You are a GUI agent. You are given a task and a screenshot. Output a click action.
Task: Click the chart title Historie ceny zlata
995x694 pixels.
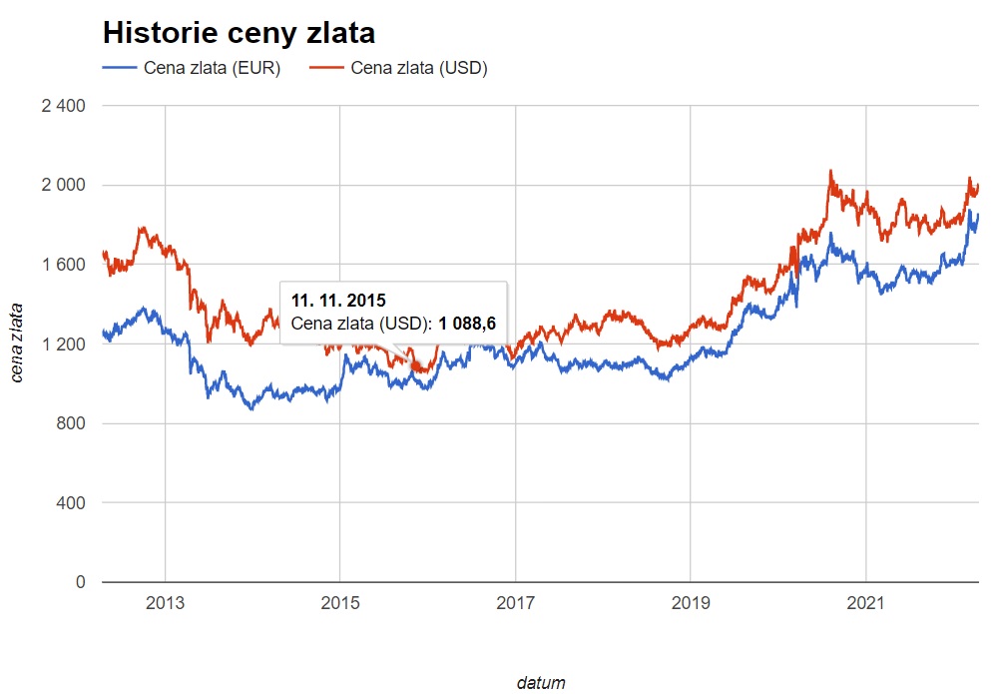pyautogui.click(x=239, y=33)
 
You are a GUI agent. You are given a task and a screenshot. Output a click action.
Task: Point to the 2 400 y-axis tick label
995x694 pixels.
pyautogui.click(x=63, y=106)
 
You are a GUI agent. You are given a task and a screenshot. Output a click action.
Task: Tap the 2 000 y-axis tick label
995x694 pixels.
pyautogui.click(x=63, y=186)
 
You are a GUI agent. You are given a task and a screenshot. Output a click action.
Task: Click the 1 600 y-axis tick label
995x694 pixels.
pyautogui.click(x=63, y=265)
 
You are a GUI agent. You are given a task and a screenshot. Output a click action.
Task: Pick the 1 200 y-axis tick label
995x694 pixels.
pyautogui.click(x=63, y=345)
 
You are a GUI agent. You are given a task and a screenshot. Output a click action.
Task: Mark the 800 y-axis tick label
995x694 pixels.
pyautogui.click(x=71, y=423)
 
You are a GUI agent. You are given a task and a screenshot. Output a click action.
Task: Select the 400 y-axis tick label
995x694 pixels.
pyautogui.click(x=71, y=503)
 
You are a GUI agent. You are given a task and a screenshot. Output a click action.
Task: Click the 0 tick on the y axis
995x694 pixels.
pyautogui.click(x=81, y=582)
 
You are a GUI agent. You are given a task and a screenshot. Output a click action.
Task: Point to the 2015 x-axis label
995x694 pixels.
pyautogui.click(x=339, y=603)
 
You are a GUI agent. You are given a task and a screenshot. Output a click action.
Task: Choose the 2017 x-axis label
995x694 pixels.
pyautogui.click(x=515, y=603)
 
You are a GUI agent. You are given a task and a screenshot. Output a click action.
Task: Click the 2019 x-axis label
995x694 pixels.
pyautogui.click(x=691, y=603)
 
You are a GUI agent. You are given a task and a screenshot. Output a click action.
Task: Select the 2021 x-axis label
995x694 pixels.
pyautogui.click(x=865, y=603)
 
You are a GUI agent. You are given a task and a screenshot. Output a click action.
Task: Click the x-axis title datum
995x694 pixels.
pyautogui.click(x=541, y=684)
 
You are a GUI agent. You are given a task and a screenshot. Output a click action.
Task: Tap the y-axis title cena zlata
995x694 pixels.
pyautogui.click(x=17, y=344)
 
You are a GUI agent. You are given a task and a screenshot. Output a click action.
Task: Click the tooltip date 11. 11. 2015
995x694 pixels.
pyautogui.click(x=338, y=300)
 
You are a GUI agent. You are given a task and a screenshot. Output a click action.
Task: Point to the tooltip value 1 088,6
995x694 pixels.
pyautogui.click(x=467, y=324)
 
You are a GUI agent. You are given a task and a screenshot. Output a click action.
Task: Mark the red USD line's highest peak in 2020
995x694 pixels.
pyautogui.click(x=829, y=172)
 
